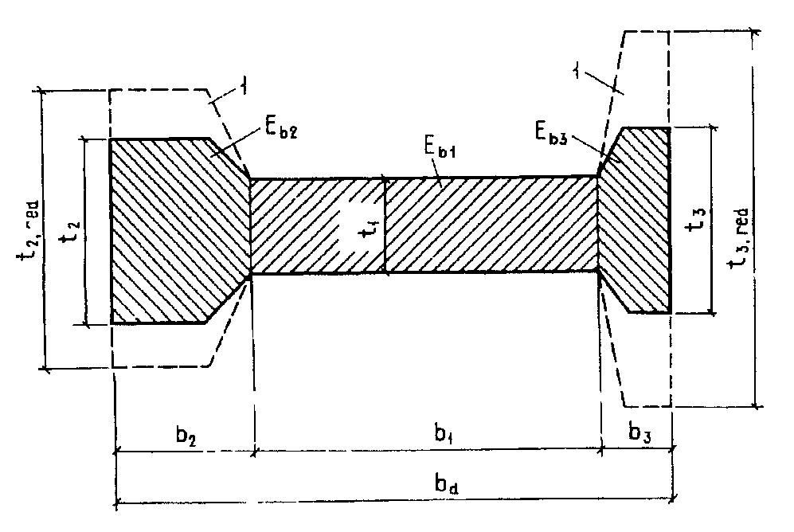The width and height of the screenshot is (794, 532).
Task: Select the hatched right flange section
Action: (637, 219)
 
